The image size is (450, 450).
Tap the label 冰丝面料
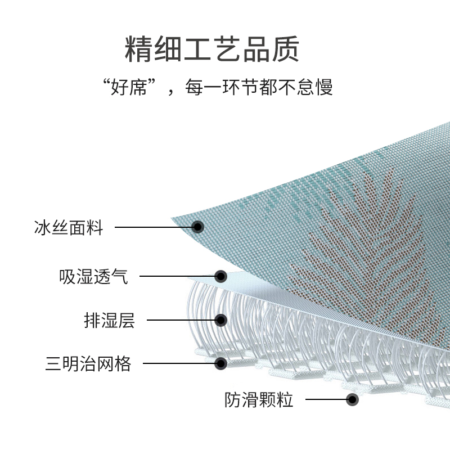click(68, 228)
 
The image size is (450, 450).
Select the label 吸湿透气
click(93, 277)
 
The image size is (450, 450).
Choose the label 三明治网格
click(88, 363)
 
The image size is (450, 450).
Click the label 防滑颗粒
click(259, 400)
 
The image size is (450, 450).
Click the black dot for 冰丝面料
click(197, 227)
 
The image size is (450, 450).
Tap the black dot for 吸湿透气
click(221, 276)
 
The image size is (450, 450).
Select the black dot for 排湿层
click(221, 321)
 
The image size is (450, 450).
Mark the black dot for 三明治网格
click(221, 363)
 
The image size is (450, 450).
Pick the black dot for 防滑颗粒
click(353, 400)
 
